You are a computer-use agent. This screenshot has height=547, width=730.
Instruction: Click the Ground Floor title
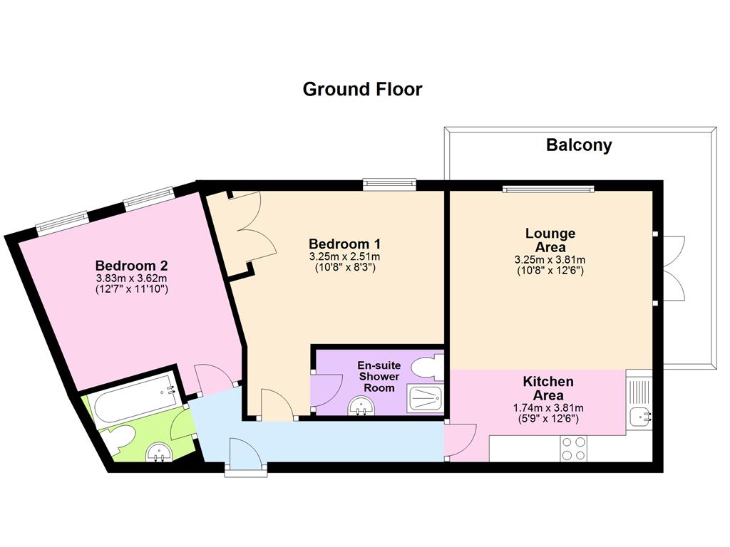[x=362, y=90]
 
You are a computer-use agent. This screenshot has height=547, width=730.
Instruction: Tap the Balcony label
[x=579, y=145]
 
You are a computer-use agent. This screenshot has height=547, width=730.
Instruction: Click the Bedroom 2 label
[x=131, y=266]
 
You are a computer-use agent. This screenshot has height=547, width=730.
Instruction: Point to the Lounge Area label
[x=550, y=240]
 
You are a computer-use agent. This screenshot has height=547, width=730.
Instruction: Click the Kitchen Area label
[x=548, y=388]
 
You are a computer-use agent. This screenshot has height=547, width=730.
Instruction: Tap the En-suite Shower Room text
[x=379, y=376]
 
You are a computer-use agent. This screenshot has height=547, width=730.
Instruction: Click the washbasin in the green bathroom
[x=158, y=452]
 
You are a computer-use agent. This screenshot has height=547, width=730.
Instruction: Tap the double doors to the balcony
[x=672, y=269]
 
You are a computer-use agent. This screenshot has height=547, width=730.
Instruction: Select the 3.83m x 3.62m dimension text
[x=131, y=278]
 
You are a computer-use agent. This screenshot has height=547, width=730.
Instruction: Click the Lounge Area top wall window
[x=547, y=189]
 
